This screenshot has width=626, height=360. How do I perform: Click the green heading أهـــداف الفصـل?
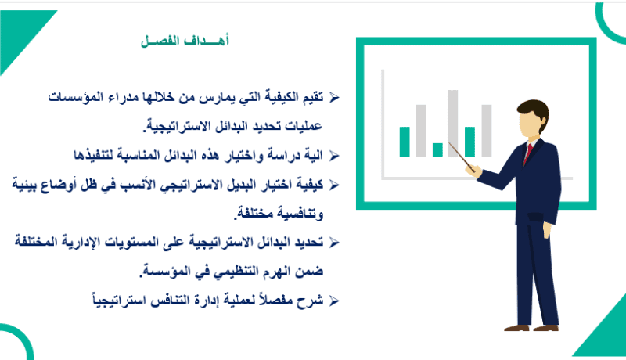[185, 41]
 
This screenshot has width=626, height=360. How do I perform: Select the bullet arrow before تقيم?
[334, 97]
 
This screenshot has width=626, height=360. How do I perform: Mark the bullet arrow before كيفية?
[334, 185]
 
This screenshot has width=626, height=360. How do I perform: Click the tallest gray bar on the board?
[453, 123]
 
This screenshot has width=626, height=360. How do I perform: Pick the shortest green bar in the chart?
[437, 149]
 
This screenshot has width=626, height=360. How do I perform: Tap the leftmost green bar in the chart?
[405, 142]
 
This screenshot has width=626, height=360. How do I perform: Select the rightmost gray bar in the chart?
[486, 131]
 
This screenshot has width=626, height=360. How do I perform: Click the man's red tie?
[527, 153]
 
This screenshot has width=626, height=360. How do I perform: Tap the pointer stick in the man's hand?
[462, 157]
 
